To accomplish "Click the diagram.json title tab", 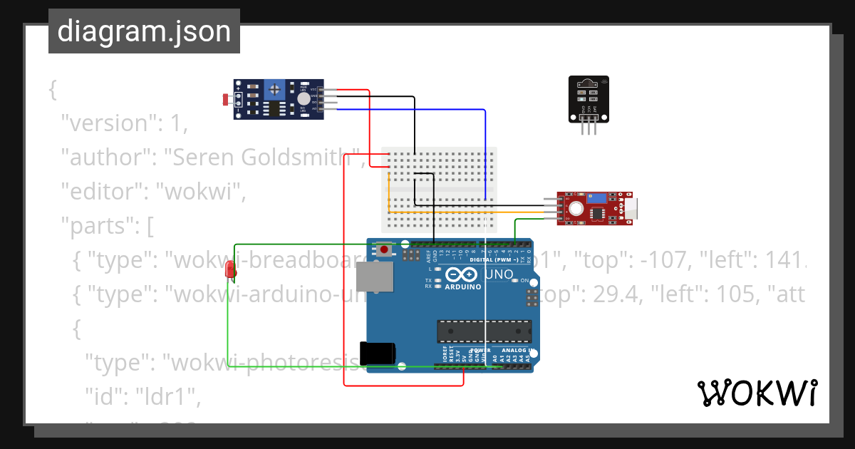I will [144, 31].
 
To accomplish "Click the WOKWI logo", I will [757, 393].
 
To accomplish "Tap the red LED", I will [230, 269].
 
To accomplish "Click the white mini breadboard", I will [439, 189].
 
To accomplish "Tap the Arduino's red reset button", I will [385, 249].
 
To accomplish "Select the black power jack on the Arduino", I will [377, 353].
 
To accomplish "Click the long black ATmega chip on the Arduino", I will [484, 331].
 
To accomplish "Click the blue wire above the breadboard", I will [427, 110].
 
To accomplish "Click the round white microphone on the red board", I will [576, 208].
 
